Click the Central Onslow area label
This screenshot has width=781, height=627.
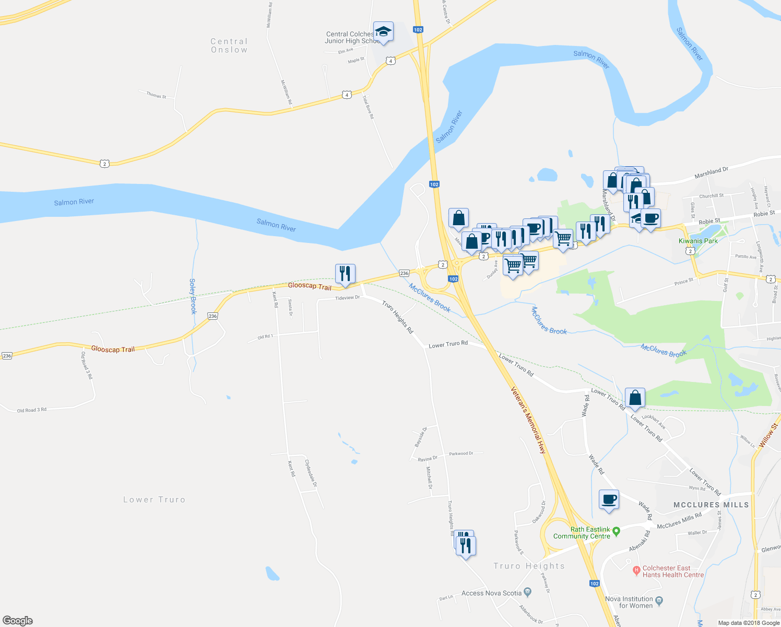[229, 45]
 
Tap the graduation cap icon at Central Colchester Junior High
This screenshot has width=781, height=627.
[383, 32]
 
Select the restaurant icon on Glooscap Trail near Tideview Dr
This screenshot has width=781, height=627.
[345, 273]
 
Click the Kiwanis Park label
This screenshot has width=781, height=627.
[698, 241]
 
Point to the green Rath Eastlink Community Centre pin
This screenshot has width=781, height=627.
[616, 531]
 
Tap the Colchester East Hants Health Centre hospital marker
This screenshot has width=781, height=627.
[636, 570]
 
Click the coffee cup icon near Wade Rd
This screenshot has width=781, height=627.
[609, 500]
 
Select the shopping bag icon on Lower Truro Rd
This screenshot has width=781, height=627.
[635, 398]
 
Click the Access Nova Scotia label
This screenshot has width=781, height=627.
[491, 593]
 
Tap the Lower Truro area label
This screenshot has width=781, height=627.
[154, 500]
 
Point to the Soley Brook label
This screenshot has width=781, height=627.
[193, 296]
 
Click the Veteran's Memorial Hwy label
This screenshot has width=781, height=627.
[528, 420]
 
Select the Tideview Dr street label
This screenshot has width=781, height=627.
[347, 298]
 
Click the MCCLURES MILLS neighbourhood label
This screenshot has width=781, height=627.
[711, 505]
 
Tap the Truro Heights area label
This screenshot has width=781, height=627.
[529, 566]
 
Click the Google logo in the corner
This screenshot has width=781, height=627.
[18, 620]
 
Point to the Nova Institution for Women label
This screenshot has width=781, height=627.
[629, 602]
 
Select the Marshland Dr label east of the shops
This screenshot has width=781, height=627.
[711, 173]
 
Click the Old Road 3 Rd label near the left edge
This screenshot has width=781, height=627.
[32, 410]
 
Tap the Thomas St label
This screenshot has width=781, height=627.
[156, 95]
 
